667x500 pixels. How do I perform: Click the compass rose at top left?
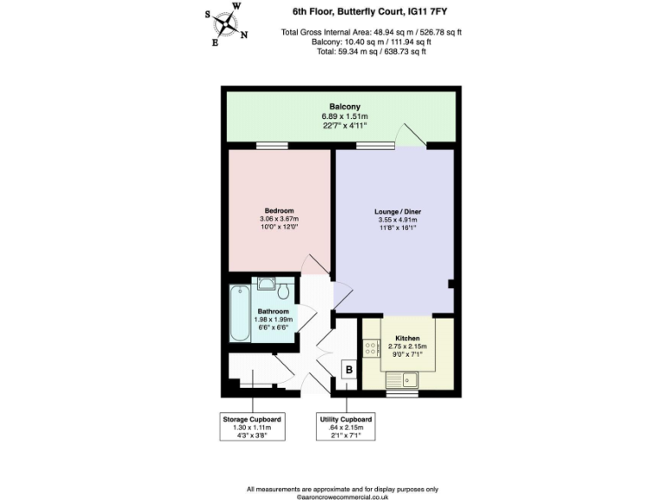229,24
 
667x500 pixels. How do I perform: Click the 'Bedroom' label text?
279,211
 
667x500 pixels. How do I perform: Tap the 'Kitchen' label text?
407,338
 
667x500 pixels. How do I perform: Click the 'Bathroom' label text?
274,311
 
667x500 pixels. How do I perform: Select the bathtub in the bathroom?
238,314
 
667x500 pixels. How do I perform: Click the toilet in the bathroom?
267,284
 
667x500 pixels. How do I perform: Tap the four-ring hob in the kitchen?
371,349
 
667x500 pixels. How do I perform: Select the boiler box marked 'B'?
349,371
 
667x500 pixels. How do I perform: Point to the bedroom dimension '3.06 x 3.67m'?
279,220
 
